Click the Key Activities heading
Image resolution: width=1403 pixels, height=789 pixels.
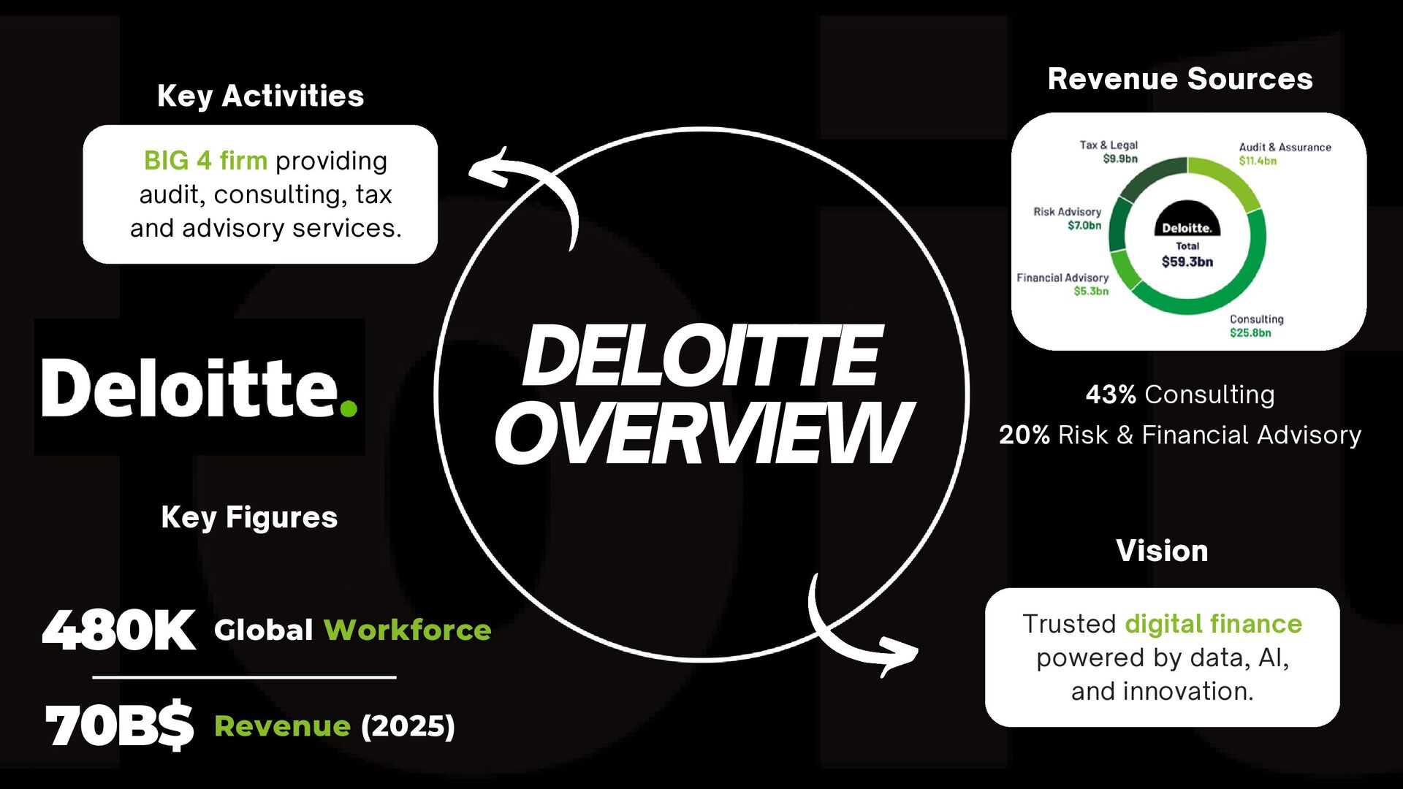(x=260, y=96)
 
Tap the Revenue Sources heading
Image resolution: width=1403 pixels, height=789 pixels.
(x=1179, y=79)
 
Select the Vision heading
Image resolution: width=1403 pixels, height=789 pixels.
(x=1162, y=551)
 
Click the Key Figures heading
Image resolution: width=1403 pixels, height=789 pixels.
(x=249, y=517)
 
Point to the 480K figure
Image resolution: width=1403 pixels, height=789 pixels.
(x=119, y=630)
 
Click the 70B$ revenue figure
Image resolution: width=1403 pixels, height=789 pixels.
(x=119, y=726)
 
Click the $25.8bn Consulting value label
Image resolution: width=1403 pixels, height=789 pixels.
(x=1250, y=333)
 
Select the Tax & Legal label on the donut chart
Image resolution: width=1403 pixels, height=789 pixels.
(x=1109, y=145)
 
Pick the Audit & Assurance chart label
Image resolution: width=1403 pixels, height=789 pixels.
(x=1285, y=148)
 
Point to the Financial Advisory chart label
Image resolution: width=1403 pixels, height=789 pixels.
(x=1062, y=278)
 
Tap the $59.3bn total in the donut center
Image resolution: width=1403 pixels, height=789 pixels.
(x=1187, y=262)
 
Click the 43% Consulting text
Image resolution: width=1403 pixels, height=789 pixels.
(x=1179, y=394)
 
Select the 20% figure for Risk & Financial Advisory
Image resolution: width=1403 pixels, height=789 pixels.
(x=1024, y=435)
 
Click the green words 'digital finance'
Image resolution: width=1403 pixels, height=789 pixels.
(x=1213, y=624)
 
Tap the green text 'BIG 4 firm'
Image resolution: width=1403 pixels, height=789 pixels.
(x=205, y=161)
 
